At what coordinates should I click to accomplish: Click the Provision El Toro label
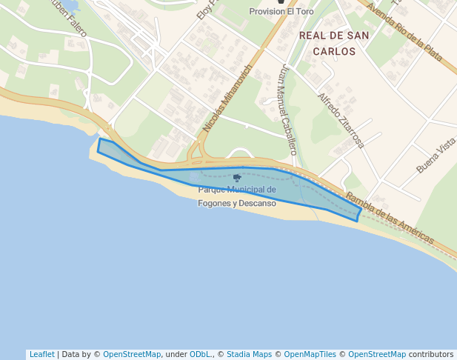point(281,12)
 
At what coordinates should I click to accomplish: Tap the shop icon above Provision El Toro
point(281,2)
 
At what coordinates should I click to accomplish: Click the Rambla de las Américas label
point(390,219)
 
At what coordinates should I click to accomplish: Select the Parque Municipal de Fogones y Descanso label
point(237,196)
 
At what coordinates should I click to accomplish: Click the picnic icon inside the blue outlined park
point(237,178)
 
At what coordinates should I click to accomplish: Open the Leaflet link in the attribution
point(41,354)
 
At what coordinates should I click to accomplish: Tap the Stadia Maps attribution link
point(249,354)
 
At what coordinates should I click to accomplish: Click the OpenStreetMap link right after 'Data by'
point(132,354)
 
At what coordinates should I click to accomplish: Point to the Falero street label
point(70,22)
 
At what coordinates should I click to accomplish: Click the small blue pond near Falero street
point(70,6)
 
